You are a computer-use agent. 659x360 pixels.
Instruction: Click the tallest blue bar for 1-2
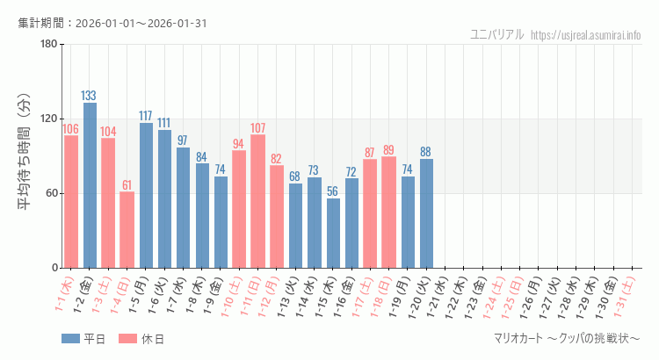(90, 185)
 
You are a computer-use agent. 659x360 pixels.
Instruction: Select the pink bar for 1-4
(127, 229)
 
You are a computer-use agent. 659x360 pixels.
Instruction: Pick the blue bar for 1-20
(426, 212)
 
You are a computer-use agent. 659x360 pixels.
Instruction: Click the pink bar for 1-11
(257, 201)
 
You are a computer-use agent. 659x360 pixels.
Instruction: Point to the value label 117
(146, 116)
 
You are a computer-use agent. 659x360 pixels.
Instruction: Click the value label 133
(90, 96)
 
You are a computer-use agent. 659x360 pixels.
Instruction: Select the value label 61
(127, 185)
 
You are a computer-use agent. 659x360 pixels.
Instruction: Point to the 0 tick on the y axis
(54, 268)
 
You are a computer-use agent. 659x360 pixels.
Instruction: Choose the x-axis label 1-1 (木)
(64, 296)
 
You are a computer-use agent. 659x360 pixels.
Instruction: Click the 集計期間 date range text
(112, 23)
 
